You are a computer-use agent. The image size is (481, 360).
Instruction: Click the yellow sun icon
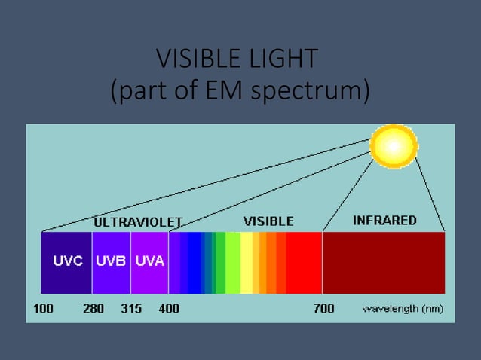(394, 147)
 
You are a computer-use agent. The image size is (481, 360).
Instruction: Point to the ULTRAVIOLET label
(137, 222)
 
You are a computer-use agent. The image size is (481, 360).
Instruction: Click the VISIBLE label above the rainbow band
(268, 221)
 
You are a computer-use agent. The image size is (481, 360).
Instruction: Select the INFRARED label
(384, 221)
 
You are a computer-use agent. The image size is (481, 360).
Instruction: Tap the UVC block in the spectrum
(66, 263)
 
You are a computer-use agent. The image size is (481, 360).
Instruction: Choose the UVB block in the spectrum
(111, 263)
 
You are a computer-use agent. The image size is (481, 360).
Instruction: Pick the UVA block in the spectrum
(149, 263)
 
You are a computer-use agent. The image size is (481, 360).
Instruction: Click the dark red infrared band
(383, 263)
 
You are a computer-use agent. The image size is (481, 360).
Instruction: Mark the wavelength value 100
(43, 309)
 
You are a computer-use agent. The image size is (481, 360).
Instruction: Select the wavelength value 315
(132, 309)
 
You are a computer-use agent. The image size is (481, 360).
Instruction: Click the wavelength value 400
(169, 309)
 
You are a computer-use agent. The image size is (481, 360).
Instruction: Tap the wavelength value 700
(323, 309)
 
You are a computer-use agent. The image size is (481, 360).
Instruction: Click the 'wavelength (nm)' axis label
(403, 309)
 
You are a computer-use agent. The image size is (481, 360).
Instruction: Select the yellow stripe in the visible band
(247, 263)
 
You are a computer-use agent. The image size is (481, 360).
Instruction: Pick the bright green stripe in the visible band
(233, 263)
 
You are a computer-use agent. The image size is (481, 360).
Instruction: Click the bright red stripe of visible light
(304, 263)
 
